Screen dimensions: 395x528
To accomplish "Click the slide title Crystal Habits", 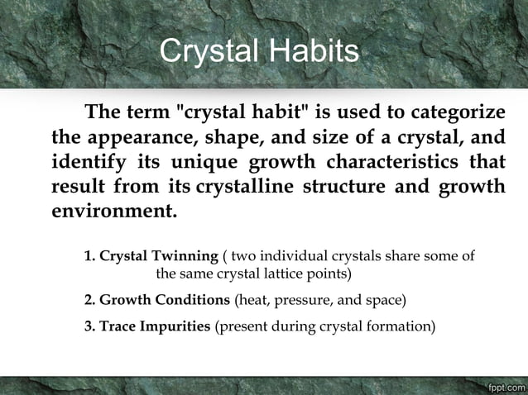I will click(x=259, y=51).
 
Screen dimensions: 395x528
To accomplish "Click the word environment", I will click(x=113, y=209).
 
